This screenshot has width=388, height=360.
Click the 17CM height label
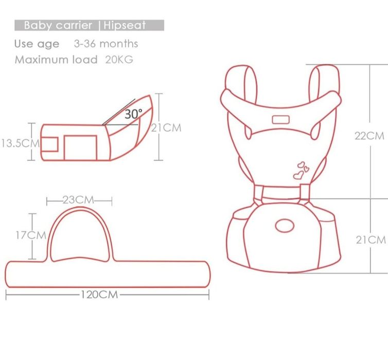pyautogui.click(x=30, y=236)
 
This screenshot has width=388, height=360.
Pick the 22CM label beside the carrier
pyautogui.click(x=369, y=136)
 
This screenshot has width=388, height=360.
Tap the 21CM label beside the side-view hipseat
pyautogui.click(x=166, y=128)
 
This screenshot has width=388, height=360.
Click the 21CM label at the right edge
pyautogui.click(x=371, y=240)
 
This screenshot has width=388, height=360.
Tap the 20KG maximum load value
pyautogui.click(x=119, y=59)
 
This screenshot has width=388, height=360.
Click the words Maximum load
pyautogui.click(x=56, y=59)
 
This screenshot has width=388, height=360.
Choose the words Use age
pyautogui.click(x=37, y=44)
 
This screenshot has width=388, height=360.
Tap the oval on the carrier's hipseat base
pyautogui.click(x=284, y=225)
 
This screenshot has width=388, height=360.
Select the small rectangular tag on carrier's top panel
pyautogui.click(x=281, y=120)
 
